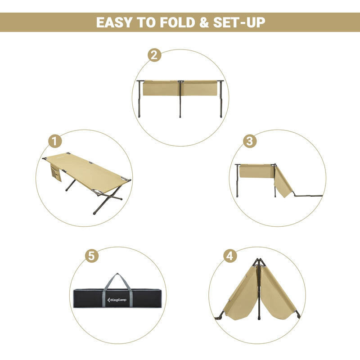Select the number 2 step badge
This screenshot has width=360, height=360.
coord(154,55)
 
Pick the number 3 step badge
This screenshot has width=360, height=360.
coord(250,141)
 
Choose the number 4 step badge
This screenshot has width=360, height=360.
coord(230,256)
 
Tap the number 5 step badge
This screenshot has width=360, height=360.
coord(91,256)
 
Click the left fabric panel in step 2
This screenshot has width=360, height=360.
coord(160,88)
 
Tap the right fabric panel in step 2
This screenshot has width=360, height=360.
coord(201,88)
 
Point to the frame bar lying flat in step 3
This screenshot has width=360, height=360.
coord(308,196)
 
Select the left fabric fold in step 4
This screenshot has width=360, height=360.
coord(241,295)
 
